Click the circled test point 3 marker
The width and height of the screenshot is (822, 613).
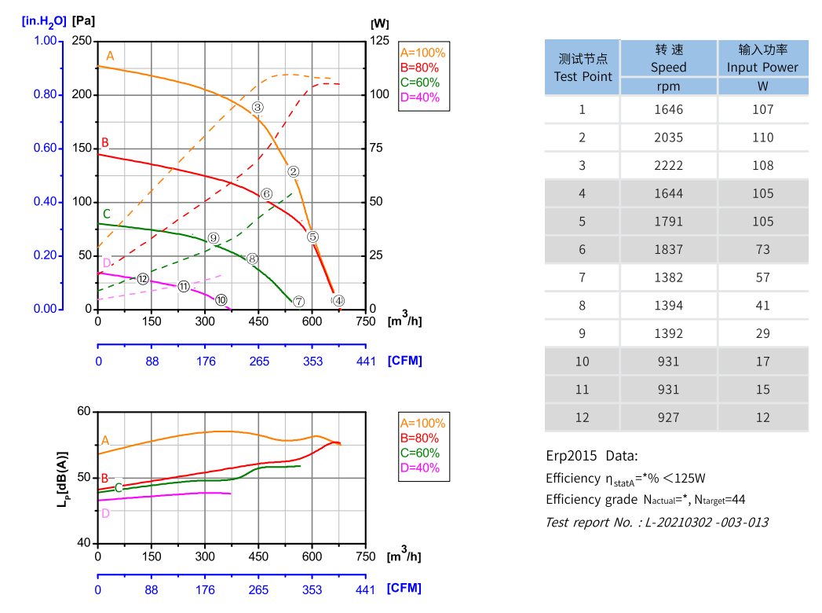(x=258, y=107)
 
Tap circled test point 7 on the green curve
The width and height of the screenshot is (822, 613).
(x=298, y=302)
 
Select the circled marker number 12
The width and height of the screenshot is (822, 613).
(x=142, y=279)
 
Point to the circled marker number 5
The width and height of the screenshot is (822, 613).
(x=312, y=237)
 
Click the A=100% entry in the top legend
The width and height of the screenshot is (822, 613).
(x=422, y=53)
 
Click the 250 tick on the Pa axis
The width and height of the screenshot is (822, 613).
(x=82, y=41)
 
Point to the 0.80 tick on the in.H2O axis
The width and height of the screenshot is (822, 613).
(x=46, y=95)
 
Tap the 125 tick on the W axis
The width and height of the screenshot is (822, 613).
(x=380, y=41)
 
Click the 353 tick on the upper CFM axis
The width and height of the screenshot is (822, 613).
(x=312, y=361)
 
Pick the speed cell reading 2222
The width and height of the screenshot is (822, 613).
(x=668, y=166)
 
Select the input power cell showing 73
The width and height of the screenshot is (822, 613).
(x=762, y=249)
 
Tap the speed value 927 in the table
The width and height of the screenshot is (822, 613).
(x=668, y=417)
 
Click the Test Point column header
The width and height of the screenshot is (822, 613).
(x=583, y=68)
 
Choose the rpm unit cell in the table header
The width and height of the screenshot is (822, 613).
(x=668, y=86)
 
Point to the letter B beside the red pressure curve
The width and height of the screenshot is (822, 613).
(x=104, y=143)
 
